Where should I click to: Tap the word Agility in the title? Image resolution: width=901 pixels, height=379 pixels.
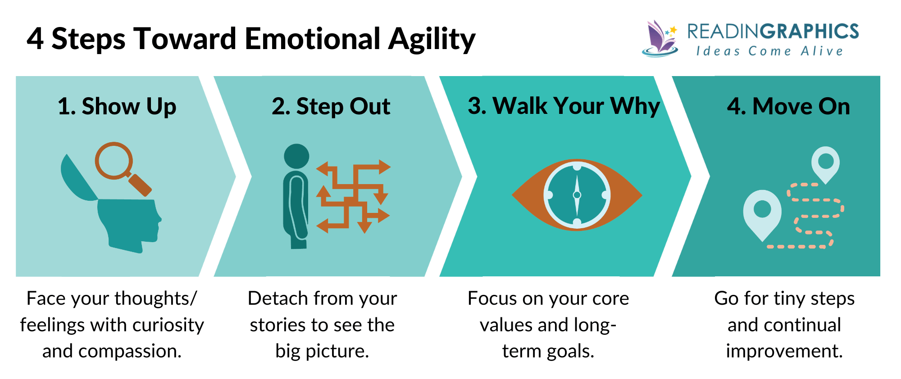(431, 40)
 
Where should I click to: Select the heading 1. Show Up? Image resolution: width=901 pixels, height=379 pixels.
(117, 107)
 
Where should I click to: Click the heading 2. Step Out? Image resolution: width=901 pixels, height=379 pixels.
(331, 107)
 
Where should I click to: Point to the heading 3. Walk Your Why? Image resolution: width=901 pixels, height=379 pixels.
(564, 106)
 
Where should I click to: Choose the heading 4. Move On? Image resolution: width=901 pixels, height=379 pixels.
(788, 107)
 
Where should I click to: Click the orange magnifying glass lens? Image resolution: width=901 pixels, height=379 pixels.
(114, 160)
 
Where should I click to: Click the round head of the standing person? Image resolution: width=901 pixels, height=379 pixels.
(296, 156)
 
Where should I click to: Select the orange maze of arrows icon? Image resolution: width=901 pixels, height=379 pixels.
(353, 196)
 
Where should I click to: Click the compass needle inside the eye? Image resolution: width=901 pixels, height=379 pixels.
(577, 195)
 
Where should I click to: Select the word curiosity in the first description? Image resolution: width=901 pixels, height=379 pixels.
(173, 325)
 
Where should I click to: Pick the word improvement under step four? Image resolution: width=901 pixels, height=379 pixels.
(784, 351)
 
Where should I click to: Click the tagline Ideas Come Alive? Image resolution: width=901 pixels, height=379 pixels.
(769, 51)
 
